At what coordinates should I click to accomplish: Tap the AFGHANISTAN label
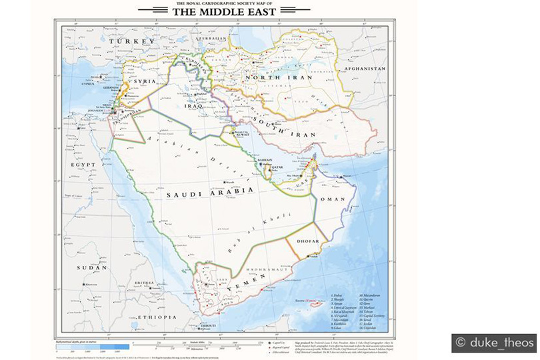click(364, 69)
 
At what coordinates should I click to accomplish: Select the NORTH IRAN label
click(270, 78)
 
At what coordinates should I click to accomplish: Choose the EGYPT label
click(84, 163)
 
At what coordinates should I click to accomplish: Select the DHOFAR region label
click(307, 241)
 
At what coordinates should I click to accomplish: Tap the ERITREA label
click(145, 283)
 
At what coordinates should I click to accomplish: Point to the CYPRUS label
click(89, 85)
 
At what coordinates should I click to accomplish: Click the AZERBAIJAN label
click(211, 39)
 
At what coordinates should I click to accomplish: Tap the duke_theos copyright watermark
click(494, 343)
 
